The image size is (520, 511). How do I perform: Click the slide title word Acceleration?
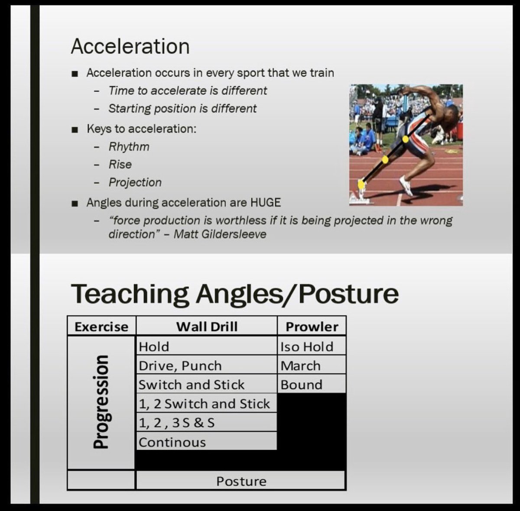coord(130,46)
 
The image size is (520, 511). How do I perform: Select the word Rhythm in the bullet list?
coord(129,147)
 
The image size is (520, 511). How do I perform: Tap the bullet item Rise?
coord(120,165)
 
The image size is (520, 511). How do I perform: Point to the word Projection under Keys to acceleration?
coord(135,182)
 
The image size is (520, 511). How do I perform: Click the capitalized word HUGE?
coord(265,202)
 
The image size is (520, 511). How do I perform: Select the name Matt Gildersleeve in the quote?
coord(220,234)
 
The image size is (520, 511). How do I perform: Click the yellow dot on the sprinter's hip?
coord(405,139)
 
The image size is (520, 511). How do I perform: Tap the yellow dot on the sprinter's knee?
coord(385,159)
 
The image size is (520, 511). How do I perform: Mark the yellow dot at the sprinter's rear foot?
coord(361,184)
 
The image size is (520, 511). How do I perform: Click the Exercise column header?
coord(101,327)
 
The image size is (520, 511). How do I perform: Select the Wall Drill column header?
coord(207,327)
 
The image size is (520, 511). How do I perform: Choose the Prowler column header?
coord(312,327)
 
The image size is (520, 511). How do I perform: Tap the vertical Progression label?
coord(101,401)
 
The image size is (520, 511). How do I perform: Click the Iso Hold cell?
coord(307,346)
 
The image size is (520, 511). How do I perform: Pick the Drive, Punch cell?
coord(180,365)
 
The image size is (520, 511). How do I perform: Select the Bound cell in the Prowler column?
coord(302,385)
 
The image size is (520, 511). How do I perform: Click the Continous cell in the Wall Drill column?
coord(172,442)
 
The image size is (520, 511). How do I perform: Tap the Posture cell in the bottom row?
coord(241,481)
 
